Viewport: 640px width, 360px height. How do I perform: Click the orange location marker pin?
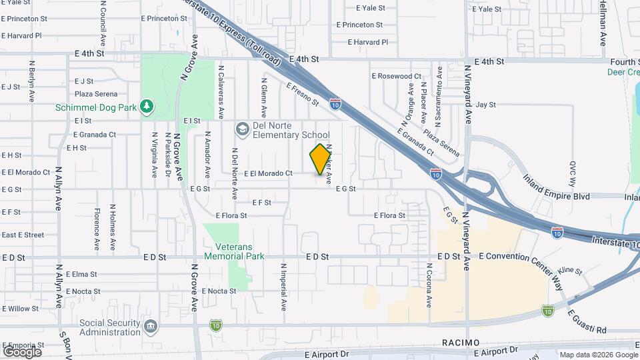(x=321, y=159)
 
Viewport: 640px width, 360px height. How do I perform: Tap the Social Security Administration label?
(x=109, y=327)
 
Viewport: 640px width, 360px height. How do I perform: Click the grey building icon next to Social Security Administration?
(x=151, y=327)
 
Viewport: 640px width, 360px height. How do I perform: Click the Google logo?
(x=21, y=351)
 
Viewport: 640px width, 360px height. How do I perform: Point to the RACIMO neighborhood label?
(x=460, y=342)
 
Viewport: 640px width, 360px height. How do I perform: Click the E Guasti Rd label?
(x=587, y=321)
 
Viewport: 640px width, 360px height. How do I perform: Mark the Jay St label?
(x=487, y=105)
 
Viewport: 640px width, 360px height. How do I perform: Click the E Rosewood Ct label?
(x=396, y=76)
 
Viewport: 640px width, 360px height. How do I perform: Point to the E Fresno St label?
(x=303, y=95)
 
